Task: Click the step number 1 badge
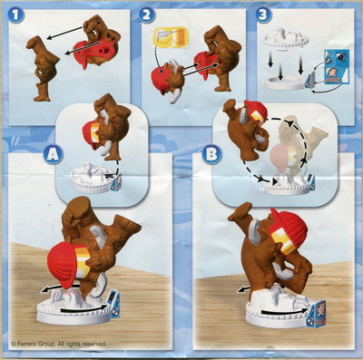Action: coord(15,15)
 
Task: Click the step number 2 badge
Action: coord(146,15)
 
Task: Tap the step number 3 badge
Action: coord(263,15)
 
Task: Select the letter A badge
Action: coord(53,154)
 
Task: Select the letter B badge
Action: coord(211,154)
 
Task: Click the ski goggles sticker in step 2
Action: coord(171,37)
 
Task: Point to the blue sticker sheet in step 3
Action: coord(337,67)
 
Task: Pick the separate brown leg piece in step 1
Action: coord(42,68)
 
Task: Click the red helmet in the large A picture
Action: coord(66,265)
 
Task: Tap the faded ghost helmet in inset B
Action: coord(280,159)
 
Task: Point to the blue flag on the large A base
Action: coord(113,304)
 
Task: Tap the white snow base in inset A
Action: coord(90,179)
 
